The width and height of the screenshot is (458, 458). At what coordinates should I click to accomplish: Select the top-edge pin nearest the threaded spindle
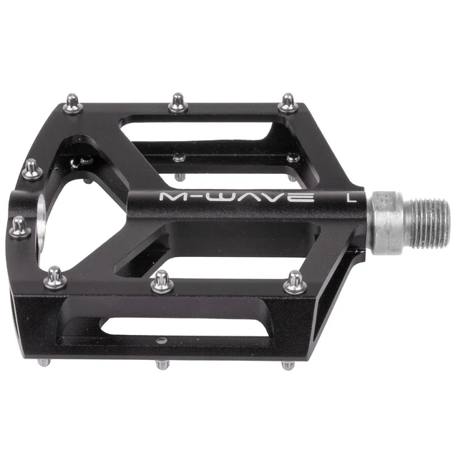click(x=288, y=102)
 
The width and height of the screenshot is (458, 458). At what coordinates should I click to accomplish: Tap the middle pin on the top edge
click(x=178, y=102)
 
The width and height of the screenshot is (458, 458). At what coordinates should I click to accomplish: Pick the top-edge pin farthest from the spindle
click(x=74, y=104)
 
